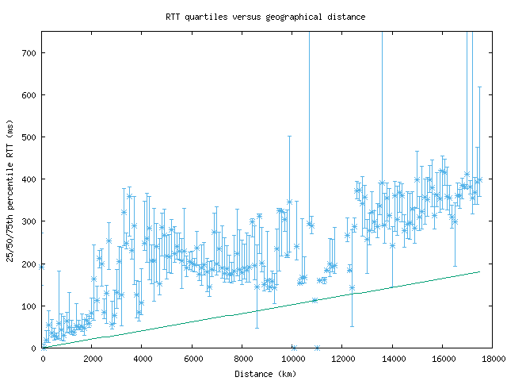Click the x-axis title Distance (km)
pos(265,373)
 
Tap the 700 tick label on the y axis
pos(29,53)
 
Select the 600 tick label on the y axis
pos(29,95)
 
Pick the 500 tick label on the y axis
pos(29,137)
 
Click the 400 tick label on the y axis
pos(29,179)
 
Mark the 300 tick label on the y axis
pos(29,221)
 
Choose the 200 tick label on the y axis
pos(29,264)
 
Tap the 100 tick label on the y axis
pos(29,306)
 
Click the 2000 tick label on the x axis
pos(93,359)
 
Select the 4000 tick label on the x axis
pos(143,359)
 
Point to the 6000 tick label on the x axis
pos(193,359)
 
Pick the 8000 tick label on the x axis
pos(242,359)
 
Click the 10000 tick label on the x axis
pos(292,359)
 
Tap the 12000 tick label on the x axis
pos(342,359)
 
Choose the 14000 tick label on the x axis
pos(392,359)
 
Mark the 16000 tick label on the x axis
pos(442,359)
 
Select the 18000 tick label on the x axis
pos(492,359)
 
